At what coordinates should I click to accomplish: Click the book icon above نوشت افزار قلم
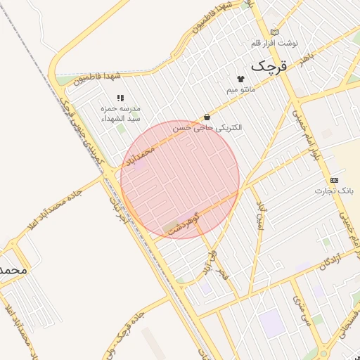tap(274, 32)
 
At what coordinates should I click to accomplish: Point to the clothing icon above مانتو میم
tap(240, 79)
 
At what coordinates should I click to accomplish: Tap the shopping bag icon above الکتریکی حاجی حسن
tap(207, 117)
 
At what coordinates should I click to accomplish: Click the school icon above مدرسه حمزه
tap(120, 98)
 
